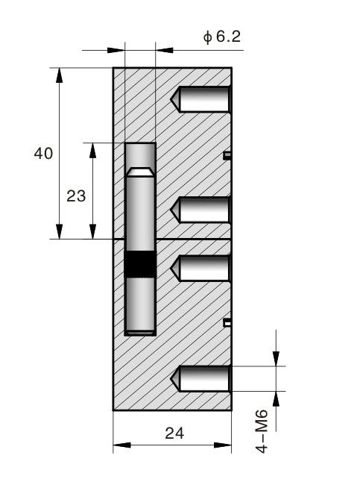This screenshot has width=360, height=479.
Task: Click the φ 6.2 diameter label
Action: [222, 37]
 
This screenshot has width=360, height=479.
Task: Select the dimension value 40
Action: [43, 153]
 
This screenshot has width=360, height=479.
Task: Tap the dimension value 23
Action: [76, 195]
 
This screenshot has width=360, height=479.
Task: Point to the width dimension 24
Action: [174, 433]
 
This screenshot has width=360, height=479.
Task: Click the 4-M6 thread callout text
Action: [262, 431]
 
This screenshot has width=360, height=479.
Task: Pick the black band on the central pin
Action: [140, 264]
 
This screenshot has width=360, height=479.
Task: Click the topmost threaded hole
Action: [200, 99]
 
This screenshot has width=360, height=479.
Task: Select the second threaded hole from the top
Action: [200, 210]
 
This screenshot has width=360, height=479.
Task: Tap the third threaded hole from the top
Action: [200, 268]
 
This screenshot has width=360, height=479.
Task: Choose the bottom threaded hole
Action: [200, 378]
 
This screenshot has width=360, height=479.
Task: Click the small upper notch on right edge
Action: [227, 156]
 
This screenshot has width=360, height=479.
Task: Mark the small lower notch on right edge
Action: [227, 322]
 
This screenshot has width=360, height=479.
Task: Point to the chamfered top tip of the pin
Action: [140, 172]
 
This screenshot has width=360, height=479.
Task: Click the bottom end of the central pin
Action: [140, 332]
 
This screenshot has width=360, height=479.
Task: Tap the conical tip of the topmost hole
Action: [175, 99]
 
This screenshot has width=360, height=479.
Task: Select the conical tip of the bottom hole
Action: [175, 378]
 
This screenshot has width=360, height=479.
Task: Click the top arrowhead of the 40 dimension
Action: [59, 75]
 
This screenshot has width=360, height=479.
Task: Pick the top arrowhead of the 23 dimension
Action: [92, 150]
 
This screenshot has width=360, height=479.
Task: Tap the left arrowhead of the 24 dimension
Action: [121, 445]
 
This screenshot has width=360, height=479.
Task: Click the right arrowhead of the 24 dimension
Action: [223, 445]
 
